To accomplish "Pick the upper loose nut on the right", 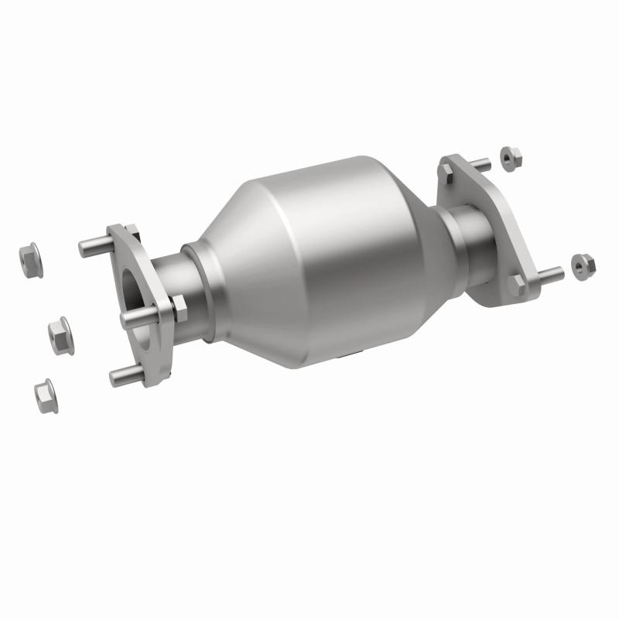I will click(508, 158).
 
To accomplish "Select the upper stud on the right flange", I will click(478, 165).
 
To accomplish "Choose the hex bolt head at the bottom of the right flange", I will click(517, 285).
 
